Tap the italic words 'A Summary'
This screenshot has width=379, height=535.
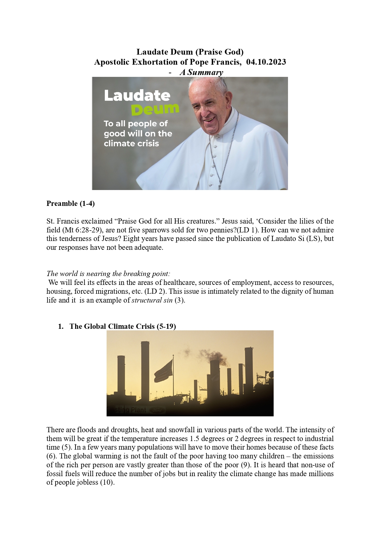201,72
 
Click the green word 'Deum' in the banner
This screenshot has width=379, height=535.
155,109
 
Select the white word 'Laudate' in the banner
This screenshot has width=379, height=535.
137,96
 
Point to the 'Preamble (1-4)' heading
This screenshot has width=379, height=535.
71,203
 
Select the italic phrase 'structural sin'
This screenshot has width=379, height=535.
152,300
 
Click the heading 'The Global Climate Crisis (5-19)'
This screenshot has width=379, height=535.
122,326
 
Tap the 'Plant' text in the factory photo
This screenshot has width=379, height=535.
139,410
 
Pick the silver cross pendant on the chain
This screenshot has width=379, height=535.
220,185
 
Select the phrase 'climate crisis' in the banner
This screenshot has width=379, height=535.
131,143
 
